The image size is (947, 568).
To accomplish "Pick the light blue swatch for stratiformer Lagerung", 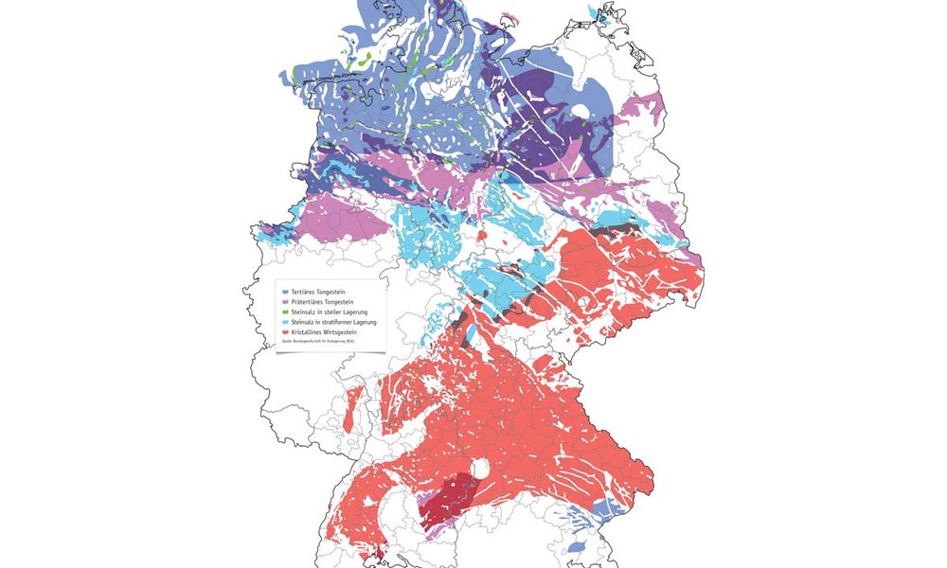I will pos(285,323).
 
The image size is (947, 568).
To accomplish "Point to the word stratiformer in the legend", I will pos(340,323).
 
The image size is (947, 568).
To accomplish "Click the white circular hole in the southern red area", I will pos(481,469).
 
